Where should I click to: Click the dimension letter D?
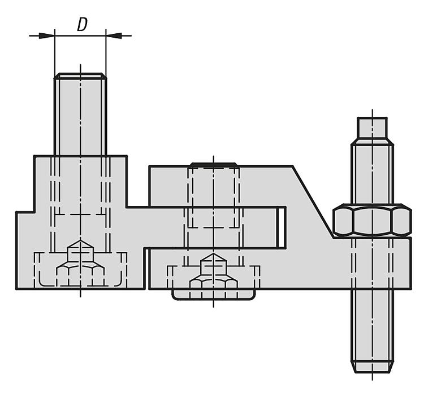pyautogui.click(x=82, y=24)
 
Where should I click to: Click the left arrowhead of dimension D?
pyautogui.click(x=46, y=36)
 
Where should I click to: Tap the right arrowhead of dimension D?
pyautogui.click(x=114, y=36)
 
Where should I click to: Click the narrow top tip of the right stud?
pyautogui.click(x=372, y=128)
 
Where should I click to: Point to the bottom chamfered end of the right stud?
pyautogui.click(x=372, y=367)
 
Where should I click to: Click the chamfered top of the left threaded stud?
pyautogui.click(x=80, y=76)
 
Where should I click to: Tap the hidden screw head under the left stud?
pyautogui.click(x=80, y=264)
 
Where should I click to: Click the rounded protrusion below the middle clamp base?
pyautogui.click(x=213, y=295)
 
